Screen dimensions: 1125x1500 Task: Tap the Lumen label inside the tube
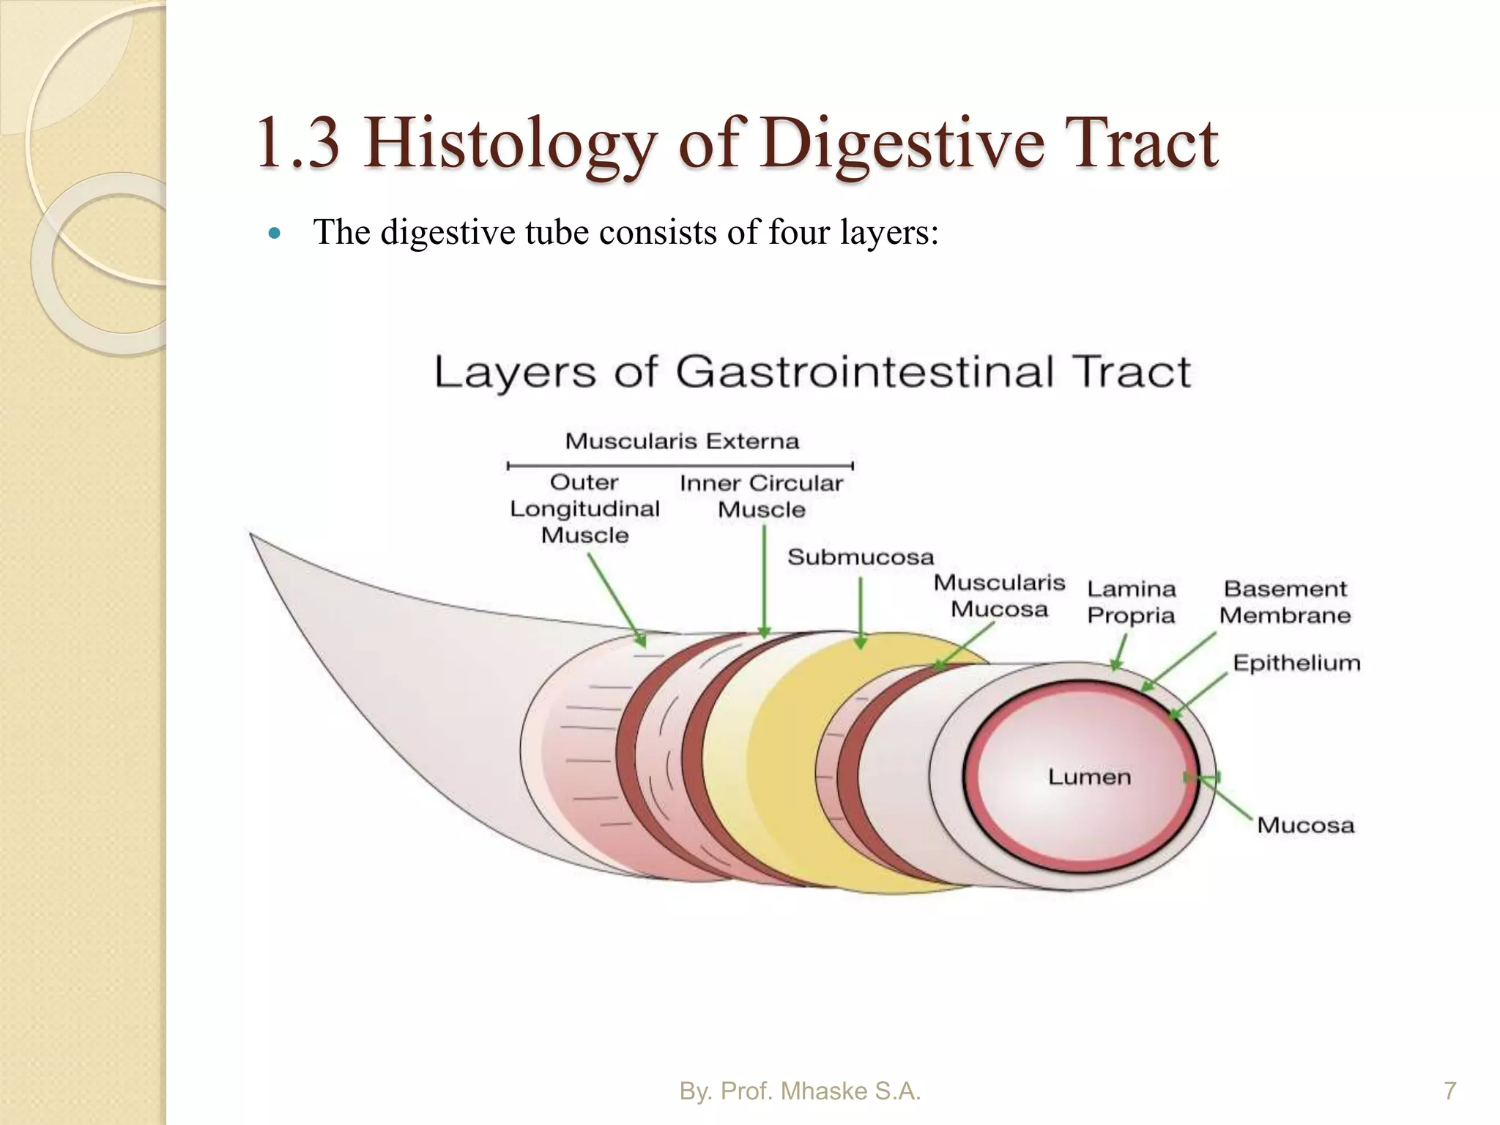[x=1089, y=776]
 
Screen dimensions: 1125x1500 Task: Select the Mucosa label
[x=1305, y=825]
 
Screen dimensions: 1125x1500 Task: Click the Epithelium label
[x=1296, y=663]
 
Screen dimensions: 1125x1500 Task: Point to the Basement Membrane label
[x=1285, y=602]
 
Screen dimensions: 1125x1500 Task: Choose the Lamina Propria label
[x=1131, y=602]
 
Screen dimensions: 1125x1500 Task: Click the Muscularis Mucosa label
[x=999, y=596]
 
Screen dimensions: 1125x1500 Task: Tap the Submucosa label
[x=861, y=557]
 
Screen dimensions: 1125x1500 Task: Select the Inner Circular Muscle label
[x=761, y=497]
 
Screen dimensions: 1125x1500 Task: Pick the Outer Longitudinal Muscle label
[x=584, y=509]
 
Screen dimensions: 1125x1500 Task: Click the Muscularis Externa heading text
[x=682, y=442]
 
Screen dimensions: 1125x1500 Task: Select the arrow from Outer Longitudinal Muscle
[x=617, y=599]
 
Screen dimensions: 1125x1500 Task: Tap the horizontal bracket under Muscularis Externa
[x=680, y=465]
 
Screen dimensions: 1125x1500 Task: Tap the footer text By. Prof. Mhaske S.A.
[x=800, y=1091]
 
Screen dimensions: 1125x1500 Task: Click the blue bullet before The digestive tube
[x=275, y=234]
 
